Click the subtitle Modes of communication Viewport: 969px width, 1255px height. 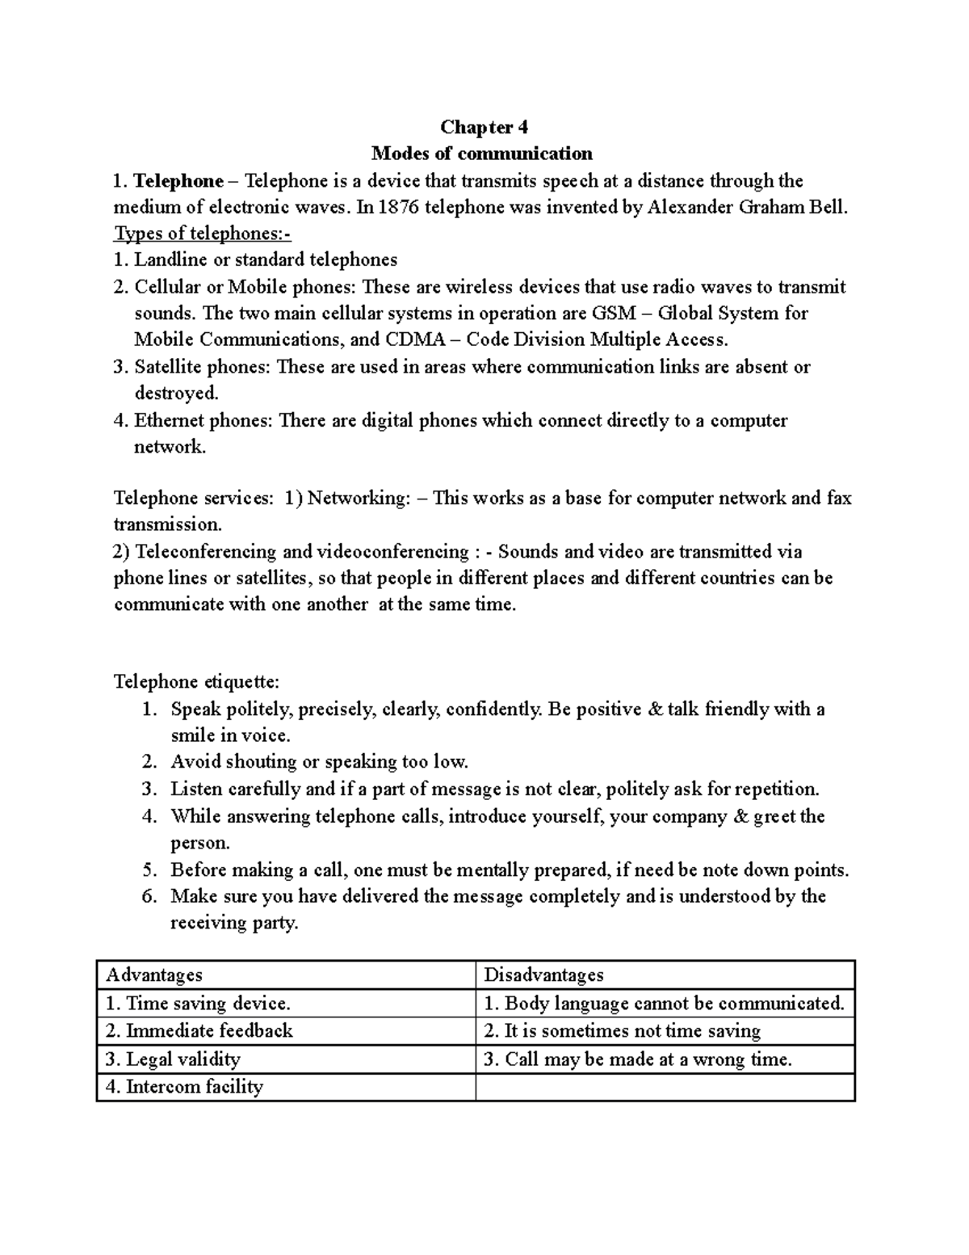[481, 154]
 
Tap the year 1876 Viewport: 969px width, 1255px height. [398, 207]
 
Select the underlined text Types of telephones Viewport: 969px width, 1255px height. [202, 234]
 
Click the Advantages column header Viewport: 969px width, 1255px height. [154, 975]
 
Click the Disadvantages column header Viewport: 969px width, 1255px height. [543, 975]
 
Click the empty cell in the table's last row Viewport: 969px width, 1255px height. [665, 1087]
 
